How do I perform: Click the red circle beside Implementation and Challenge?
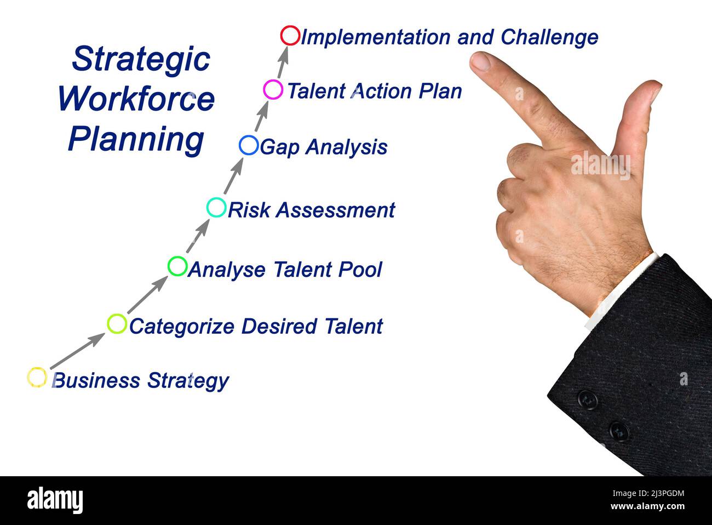point(290,36)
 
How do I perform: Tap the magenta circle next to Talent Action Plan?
point(273,89)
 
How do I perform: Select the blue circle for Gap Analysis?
point(249,145)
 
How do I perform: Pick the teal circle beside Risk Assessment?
point(216,208)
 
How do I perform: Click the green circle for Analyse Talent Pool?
point(177,266)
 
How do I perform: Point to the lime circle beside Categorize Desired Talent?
point(117,324)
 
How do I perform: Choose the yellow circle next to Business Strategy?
point(37,377)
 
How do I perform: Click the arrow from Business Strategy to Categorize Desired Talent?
point(77,351)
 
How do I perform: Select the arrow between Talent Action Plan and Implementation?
point(283,62)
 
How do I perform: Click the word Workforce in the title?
point(136,99)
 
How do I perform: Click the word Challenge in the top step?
point(549,37)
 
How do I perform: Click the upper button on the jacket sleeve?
point(587,400)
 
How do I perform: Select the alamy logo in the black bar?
point(55,500)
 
